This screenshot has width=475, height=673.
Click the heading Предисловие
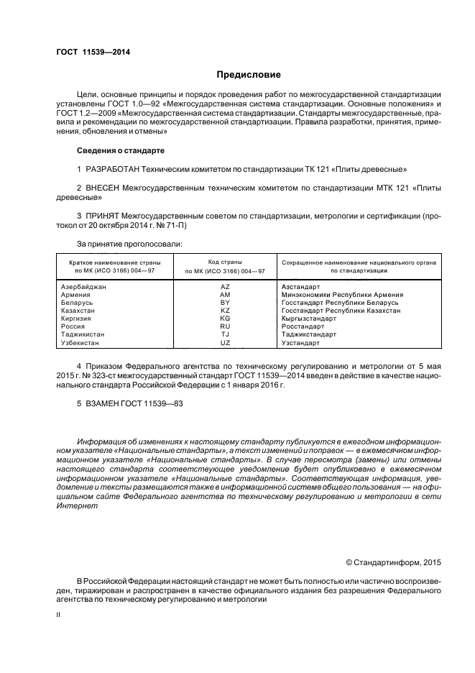point(249,75)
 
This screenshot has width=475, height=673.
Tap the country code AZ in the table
point(225,287)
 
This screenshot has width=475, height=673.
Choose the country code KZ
point(225,311)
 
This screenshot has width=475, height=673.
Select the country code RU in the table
point(225,326)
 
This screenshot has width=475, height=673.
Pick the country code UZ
point(225,342)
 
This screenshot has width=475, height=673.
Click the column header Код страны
point(225,262)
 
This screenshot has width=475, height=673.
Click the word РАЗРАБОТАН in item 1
point(118,169)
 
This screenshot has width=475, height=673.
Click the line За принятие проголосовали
point(129,244)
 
